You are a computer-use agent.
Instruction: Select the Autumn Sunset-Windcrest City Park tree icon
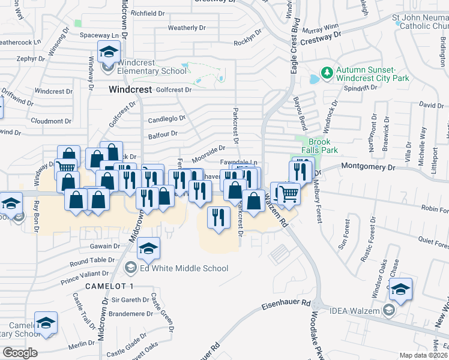327,73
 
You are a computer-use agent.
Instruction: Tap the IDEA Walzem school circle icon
388,310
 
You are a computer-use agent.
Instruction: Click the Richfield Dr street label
148,13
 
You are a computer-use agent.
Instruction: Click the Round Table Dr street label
92,261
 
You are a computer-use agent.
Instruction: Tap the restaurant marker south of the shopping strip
217,216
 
